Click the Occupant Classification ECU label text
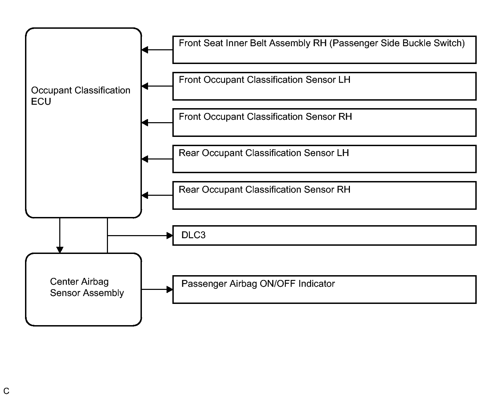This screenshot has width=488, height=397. [81, 95]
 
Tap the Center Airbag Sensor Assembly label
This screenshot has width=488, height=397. [87, 287]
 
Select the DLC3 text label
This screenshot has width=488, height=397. [193, 235]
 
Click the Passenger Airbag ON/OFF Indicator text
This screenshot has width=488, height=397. [258, 283]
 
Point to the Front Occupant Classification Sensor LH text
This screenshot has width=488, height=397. [265, 80]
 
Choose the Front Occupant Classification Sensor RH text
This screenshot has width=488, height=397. [265, 116]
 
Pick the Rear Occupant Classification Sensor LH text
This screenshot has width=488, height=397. [264, 153]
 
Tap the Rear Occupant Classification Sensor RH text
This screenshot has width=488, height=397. [265, 190]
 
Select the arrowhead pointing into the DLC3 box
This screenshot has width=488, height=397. [170, 235]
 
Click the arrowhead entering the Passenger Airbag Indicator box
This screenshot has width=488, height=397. [170, 290]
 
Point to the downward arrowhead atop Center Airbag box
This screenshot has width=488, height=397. [60, 250]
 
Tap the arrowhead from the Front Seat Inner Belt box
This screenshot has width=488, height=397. [145, 50]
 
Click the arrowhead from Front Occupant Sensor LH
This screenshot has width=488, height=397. [145, 86]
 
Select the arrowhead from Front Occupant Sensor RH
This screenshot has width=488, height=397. [145, 123]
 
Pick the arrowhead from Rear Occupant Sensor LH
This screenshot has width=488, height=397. [145, 159]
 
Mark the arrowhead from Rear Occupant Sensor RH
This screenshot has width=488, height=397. [145, 195]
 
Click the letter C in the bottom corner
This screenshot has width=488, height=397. [6, 391]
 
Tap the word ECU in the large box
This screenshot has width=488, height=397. [41, 101]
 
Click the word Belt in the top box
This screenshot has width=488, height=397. [258, 43]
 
